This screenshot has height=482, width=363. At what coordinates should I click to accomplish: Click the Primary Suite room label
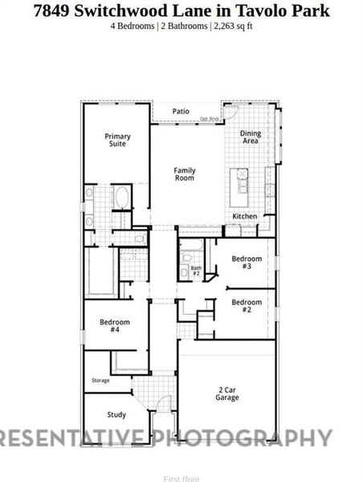(x=117, y=140)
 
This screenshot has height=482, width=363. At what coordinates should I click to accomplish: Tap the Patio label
(x=181, y=111)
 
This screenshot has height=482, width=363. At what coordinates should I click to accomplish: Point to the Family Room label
(x=185, y=174)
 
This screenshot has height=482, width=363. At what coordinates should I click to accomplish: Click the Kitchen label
(x=245, y=217)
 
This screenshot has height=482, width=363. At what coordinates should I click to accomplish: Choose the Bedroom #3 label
(x=247, y=262)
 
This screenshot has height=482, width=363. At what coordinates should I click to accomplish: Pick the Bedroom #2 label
(x=247, y=305)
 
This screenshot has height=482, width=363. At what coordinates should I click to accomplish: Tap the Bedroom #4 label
(x=115, y=325)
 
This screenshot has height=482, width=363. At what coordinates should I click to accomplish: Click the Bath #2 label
(x=195, y=271)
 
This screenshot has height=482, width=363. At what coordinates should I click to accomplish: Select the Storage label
(x=100, y=380)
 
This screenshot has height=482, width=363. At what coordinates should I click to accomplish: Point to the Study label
(x=116, y=415)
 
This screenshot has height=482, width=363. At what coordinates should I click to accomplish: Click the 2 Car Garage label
(x=227, y=393)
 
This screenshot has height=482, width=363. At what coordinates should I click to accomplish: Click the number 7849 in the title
(x=57, y=10)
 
